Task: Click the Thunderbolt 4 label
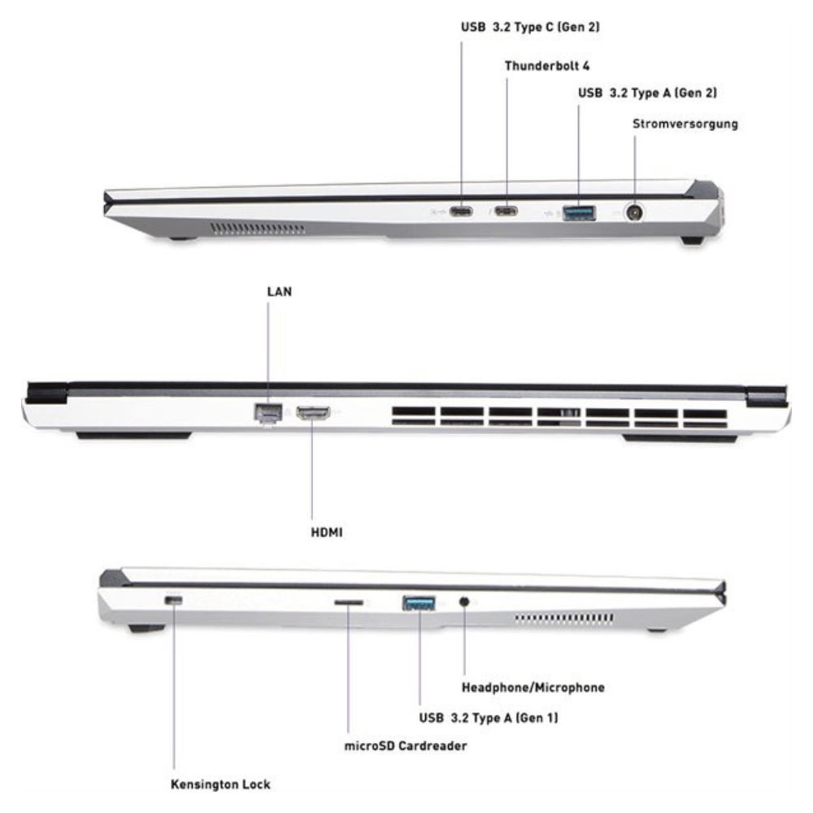pos(547,66)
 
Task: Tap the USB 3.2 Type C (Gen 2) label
pos(530,27)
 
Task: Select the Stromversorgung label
pos(685,124)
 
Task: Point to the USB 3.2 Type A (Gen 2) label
pos(648,93)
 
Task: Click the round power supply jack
pos(634,212)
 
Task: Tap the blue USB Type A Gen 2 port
pos(579,212)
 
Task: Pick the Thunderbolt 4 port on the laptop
pos(506,211)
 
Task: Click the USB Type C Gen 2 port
pos(461,211)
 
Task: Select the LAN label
pos(280,292)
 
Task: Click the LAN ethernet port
pos(267,413)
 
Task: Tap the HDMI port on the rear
pos(313,413)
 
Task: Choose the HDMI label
pos(327,533)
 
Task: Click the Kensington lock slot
pos(173,601)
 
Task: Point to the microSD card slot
pos(349,602)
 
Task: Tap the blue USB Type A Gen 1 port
pos(419,603)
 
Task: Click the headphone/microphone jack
pos(464,602)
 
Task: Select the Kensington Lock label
pos(221,785)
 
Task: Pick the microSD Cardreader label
pos(406,746)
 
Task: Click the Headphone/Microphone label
pos(533,688)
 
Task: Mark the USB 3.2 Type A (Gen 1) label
pos(489,718)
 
